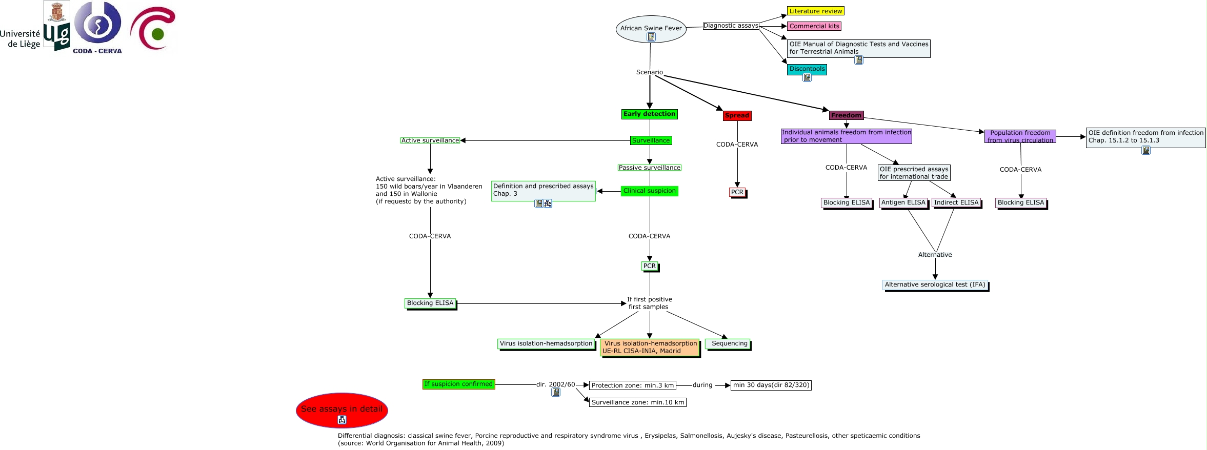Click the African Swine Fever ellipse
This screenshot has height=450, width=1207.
[x=651, y=28]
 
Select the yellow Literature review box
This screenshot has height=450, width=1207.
[x=815, y=11]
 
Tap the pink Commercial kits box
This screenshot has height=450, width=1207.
[x=814, y=26]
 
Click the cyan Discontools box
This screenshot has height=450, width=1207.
[x=807, y=69]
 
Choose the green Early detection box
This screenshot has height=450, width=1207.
[x=649, y=114]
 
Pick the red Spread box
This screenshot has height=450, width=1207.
[x=737, y=115]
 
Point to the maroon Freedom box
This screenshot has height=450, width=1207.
[x=846, y=115]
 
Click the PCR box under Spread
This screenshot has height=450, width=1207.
[x=737, y=192]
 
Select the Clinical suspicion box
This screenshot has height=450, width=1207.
[x=649, y=191]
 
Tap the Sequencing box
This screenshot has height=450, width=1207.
[x=729, y=343]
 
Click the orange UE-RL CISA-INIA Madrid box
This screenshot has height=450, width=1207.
[x=650, y=347]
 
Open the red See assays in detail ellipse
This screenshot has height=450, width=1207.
[x=341, y=410]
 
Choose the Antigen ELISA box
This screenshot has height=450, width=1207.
[x=903, y=202]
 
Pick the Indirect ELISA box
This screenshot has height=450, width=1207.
[x=956, y=202]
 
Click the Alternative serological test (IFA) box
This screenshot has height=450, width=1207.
[x=935, y=284]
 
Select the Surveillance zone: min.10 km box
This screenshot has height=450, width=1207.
[x=637, y=402]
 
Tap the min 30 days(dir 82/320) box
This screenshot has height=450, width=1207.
[x=771, y=385]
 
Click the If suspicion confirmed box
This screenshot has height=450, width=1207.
[x=458, y=384]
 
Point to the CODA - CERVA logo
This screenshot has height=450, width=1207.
[x=97, y=28]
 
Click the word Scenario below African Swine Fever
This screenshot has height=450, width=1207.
[x=649, y=72]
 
